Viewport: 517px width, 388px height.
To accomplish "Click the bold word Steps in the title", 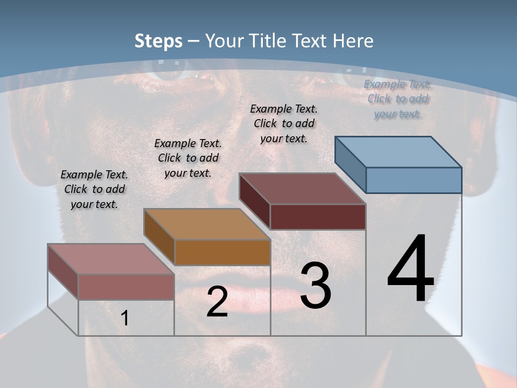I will click(158, 41).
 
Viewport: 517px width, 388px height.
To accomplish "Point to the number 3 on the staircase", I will click(316, 286).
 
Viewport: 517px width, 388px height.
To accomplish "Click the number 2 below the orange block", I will click(217, 302).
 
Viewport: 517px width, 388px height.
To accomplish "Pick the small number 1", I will click(125, 318).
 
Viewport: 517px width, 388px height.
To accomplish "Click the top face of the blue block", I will click(398, 151).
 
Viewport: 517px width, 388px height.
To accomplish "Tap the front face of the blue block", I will click(414, 180).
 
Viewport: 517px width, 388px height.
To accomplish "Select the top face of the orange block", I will click(207, 224).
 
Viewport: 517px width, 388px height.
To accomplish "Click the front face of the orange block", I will click(222, 252).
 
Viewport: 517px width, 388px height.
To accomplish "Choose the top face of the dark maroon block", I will click(302, 189).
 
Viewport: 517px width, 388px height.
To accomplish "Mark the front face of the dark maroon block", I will click(318, 217).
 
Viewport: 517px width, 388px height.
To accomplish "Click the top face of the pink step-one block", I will click(111, 259).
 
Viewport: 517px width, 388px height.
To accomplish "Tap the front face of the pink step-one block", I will click(126, 287).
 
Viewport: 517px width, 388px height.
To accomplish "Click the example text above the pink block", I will click(94, 189).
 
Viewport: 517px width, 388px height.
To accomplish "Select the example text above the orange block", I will click(188, 158).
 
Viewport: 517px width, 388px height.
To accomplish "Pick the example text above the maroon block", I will click(284, 123).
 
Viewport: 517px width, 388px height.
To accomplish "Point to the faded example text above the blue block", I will click(397, 99).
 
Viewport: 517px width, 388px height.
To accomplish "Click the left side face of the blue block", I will click(350, 164).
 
